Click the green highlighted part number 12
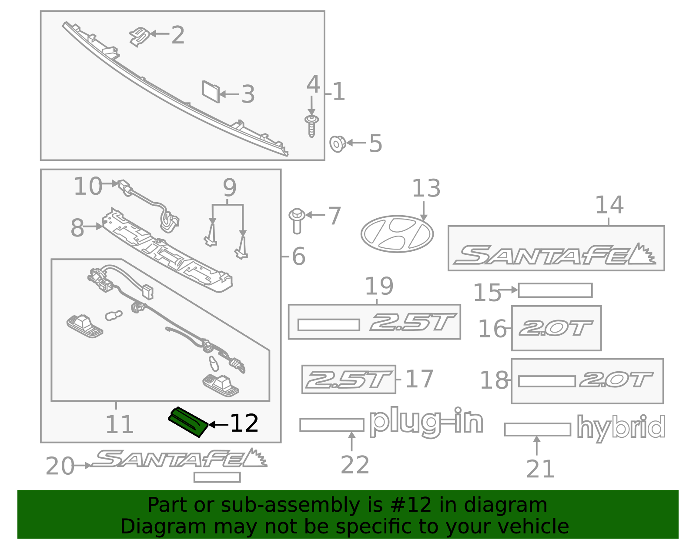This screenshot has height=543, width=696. coord(188,422)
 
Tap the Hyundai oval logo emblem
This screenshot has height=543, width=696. coord(397,234)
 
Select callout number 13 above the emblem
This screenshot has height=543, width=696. coord(426,189)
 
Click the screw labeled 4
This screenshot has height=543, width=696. coord(311,126)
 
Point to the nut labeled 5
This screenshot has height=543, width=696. coord(337,143)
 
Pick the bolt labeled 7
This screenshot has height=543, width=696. coord(297,220)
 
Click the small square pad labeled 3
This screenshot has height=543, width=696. coord(211,92)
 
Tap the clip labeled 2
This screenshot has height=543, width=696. coord(139,37)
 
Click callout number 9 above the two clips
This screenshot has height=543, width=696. coord(229,188)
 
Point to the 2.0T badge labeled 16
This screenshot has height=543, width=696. coord(556,328)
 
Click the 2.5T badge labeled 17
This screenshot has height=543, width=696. coord(348,379)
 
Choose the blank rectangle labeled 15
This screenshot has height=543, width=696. coord(555,290)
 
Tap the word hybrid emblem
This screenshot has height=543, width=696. coord(621,428)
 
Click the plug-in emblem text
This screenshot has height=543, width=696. coord(426,422)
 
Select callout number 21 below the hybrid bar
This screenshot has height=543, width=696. coord(540,469)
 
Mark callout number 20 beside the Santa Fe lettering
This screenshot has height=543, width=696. coord(60,466)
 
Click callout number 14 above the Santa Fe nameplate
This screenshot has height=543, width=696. coord(609,205)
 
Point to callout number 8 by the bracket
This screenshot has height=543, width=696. coord(77,228)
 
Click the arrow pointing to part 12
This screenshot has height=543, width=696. coord(218,424)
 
